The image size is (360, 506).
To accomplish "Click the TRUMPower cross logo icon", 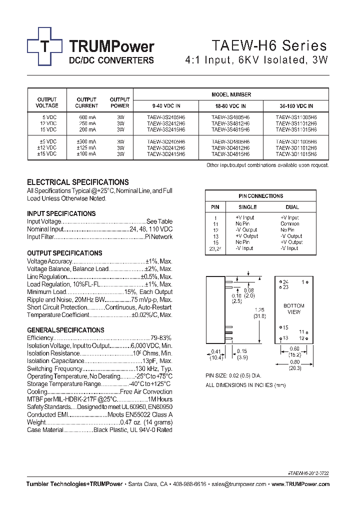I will pyautogui.click(x=44, y=47).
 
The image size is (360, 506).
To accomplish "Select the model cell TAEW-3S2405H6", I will pyautogui.click(x=166, y=117).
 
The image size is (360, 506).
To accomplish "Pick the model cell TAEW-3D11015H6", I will pyautogui.click(x=296, y=154).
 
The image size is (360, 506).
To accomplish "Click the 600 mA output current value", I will pyautogui.click(x=86, y=117).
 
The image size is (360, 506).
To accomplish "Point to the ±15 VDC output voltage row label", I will pyautogui.click(x=47, y=154).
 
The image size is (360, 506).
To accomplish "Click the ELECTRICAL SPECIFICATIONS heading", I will pyautogui.click(x=77, y=182).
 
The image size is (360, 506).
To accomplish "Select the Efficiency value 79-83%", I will pyautogui.click(x=161, y=338).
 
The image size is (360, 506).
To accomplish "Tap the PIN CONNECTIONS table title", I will pyautogui.click(x=260, y=196).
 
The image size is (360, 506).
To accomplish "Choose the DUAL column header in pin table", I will pyautogui.click(x=292, y=207).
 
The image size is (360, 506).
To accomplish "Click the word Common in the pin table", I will pyautogui.click(x=290, y=224).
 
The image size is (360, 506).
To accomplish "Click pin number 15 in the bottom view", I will pyautogui.click(x=285, y=327).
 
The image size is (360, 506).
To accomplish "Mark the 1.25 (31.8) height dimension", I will pyautogui.click(x=259, y=312).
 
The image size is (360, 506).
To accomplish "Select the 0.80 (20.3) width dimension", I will pyautogui.click(x=294, y=364).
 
